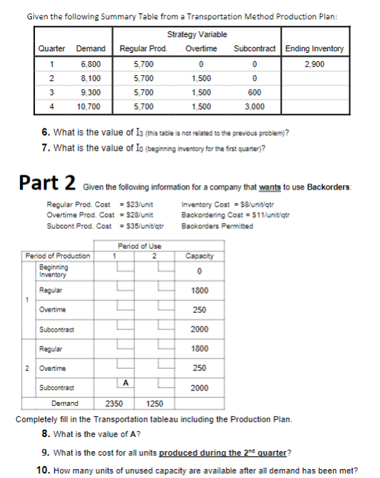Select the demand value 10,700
90,106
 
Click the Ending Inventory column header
315,49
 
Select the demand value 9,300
90,92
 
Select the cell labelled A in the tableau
126,384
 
